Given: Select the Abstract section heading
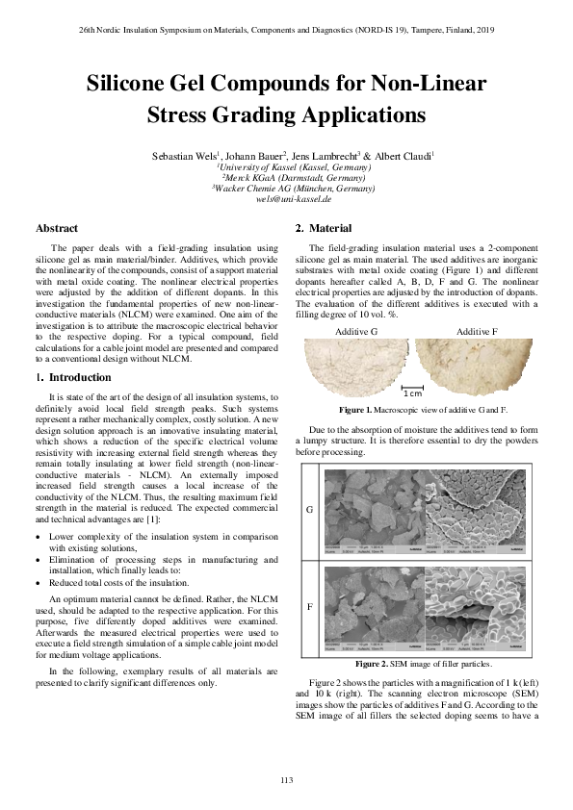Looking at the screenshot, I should pyautogui.click(x=57, y=228).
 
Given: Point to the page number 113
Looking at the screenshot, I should pyautogui.click(x=286, y=778).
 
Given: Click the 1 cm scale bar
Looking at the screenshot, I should pyautogui.click(x=412, y=392).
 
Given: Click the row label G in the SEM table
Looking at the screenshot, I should pyautogui.click(x=308, y=510).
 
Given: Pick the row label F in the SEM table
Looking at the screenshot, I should pyautogui.click(x=308, y=608).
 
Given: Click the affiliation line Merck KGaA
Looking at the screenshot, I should pyautogui.click(x=286, y=178).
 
